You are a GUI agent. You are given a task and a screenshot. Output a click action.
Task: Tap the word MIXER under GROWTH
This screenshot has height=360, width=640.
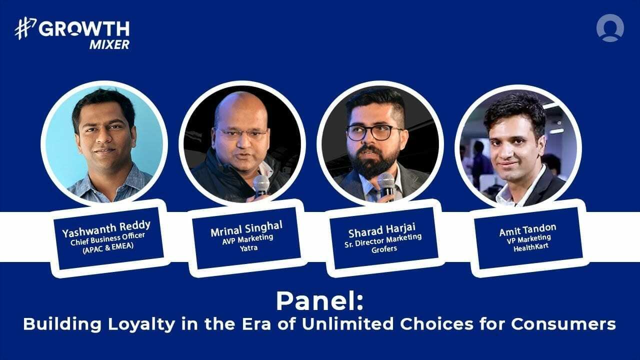click(109, 44)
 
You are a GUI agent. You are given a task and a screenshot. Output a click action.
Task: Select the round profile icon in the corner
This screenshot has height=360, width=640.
click(610, 27)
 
